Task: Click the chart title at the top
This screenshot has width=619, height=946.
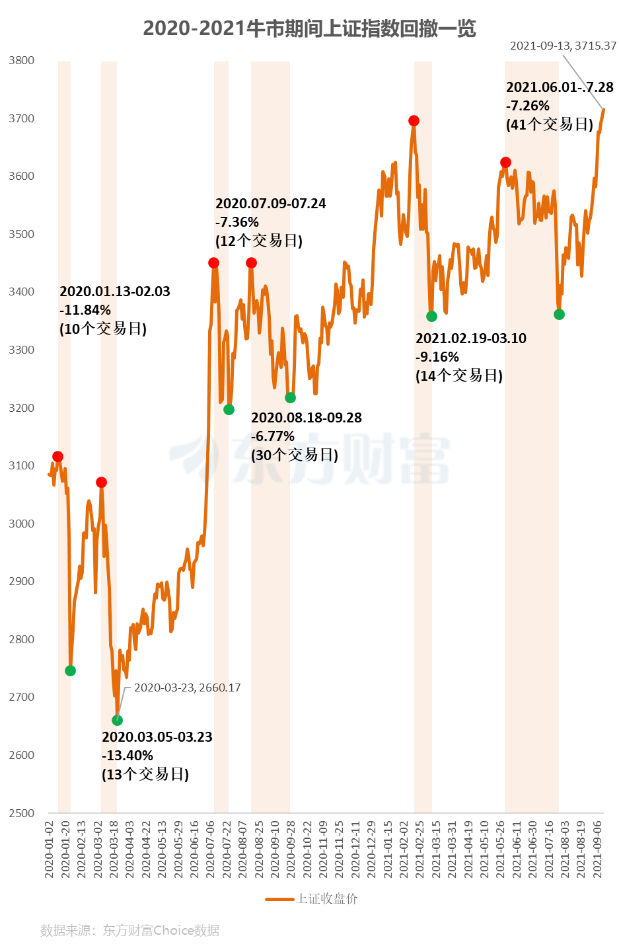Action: (309, 28)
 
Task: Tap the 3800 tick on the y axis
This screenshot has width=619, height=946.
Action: (22, 60)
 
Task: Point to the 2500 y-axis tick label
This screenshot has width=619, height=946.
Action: (22, 813)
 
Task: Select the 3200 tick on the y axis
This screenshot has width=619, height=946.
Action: (22, 408)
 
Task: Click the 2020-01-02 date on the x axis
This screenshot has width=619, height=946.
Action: (49, 849)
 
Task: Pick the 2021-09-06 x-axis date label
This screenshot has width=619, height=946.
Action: (598, 849)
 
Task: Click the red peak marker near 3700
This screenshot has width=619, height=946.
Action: (414, 120)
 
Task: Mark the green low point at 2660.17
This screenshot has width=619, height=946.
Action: (117, 720)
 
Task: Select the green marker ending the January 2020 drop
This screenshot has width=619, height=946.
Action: (71, 670)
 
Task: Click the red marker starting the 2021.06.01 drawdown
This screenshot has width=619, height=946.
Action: (505, 162)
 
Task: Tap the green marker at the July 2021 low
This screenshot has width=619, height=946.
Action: (559, 314)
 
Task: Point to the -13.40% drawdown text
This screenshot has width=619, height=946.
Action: (127, 756)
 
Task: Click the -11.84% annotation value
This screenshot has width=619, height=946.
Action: (85, 310)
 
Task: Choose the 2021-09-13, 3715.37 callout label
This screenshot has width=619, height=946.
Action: (563, 46)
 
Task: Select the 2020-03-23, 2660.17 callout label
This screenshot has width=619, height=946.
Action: (187, 688)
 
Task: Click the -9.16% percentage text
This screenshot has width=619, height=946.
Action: (437, 357)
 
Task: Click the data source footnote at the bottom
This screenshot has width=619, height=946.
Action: (129, 930)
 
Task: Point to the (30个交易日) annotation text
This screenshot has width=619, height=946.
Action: (295, 455)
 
